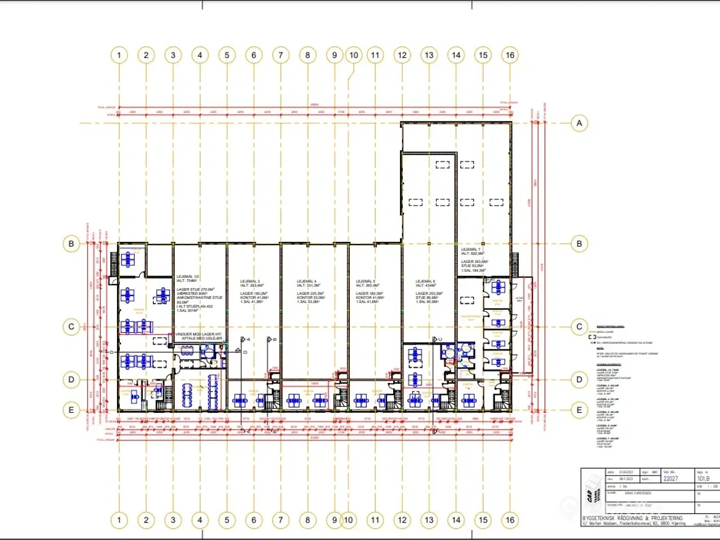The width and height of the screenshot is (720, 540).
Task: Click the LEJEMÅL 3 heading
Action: coord(250,281)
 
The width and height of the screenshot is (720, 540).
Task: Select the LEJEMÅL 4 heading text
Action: coord(307,281)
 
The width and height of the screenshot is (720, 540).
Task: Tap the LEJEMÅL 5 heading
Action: coord(366,281)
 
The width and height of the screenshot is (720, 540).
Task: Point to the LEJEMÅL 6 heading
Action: coord(425,281)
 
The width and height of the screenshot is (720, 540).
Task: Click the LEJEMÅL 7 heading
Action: coord(470,249)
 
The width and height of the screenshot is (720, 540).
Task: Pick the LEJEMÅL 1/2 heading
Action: coord(188,277)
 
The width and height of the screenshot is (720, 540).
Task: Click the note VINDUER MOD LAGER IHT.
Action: coord(199,334)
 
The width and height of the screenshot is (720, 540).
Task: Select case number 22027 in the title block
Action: coord(670,479)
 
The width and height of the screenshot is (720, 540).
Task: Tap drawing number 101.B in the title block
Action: coord(704,479)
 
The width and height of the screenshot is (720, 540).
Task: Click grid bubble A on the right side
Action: coord(579,123)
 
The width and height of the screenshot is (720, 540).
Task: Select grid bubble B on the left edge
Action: coord(71,244)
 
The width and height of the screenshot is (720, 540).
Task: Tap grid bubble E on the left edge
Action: coord(71,410)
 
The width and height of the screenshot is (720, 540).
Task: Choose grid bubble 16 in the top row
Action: coord(510,55)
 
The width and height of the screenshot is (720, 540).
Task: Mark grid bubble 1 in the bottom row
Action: coord(119,520)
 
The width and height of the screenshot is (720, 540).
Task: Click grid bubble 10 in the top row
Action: coord(354,55)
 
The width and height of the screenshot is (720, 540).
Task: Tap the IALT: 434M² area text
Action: coord(426,286)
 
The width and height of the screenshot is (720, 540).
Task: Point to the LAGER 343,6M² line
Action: coord(475,262)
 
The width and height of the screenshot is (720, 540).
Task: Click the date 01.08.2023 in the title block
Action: coord(626,472)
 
